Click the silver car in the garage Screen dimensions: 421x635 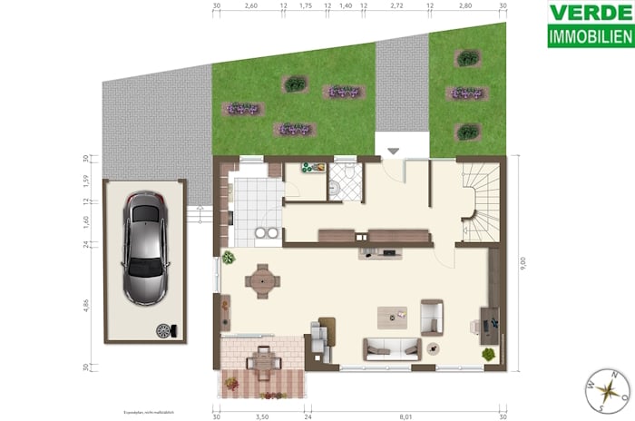(145, 248)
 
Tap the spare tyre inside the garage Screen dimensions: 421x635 (164, 331)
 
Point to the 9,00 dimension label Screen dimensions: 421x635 (521, 263)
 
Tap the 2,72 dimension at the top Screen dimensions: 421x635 (396, 5)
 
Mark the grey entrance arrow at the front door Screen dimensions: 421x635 (393, 150)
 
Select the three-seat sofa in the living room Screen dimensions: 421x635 (391, 348)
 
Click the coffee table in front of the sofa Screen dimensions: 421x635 (394, 316)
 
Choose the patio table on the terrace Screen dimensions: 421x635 (263, 361)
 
